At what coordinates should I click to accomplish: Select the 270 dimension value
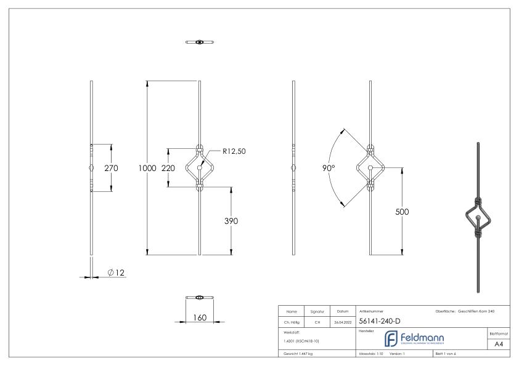click(111, 168)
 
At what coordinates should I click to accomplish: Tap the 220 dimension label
click(168, 168)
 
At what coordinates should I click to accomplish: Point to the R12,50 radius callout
click(234, 151)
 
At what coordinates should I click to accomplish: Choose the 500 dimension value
click(402, 212)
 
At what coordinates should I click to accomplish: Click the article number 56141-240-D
click(380, 320)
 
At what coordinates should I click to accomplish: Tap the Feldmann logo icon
click(391, 339)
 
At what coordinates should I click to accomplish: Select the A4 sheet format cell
click(500, 344)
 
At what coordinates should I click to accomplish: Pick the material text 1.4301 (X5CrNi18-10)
click(301, 340)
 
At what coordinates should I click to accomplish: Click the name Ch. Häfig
click(292, 322)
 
